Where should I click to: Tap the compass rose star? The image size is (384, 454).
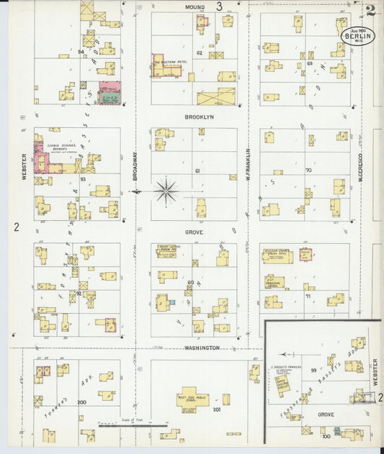(x=166, y=191)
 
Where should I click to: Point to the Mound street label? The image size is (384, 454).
(x=195, y=6)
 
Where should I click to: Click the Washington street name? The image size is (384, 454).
(x=201, y=348)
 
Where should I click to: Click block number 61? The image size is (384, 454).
(x=197, y=171)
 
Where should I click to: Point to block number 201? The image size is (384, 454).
(x=215, y=409)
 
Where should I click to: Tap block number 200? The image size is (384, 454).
(x=81, y=403)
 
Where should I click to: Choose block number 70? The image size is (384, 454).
(x=308, y=171)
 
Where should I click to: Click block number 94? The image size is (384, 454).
(x=81, y=52)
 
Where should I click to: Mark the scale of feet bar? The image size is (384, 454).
(x=133, y=425)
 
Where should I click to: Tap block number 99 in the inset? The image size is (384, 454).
(x=313, y=370)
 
